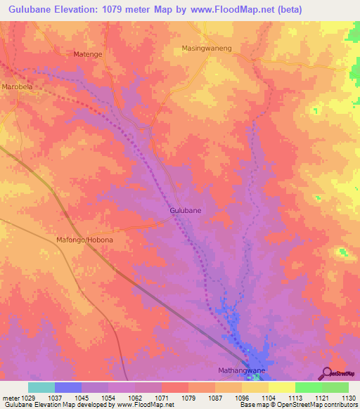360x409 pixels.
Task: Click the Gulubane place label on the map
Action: (x=186, y=210)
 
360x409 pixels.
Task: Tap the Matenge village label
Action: (x=89, y=53)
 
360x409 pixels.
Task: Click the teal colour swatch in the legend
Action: (x=41, y=387)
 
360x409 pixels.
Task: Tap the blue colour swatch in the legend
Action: (x=68, y=387)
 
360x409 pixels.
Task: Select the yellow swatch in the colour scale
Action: (x=281, y=387)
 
